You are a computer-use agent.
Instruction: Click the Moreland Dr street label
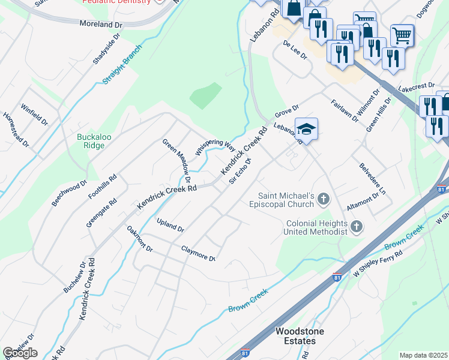tap(101, 24)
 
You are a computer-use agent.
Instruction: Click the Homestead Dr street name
tap(16, 130)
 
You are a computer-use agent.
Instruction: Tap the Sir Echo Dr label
tap(238, 172)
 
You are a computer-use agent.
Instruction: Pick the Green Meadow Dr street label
tap(176, 160)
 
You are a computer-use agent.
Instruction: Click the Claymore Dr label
tap(198, 253)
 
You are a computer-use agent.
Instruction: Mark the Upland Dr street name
tap(170, 226)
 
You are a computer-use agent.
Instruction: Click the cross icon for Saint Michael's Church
tap(324, 198)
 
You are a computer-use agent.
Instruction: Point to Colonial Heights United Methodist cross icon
tap(357, 226)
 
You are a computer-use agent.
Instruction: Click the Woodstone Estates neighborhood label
tap(295, 336)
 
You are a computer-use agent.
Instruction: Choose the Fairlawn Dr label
tap(344, 111)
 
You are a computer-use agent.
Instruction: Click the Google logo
tap(20, 353)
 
